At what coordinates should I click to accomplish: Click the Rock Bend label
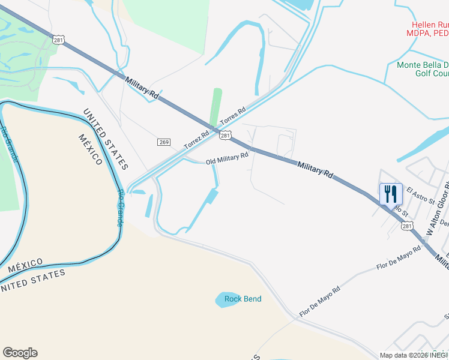click(x=243, y=299)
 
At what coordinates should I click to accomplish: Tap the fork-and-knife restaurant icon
click(x=391, y=194)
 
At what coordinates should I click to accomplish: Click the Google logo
click(x=20, y=353)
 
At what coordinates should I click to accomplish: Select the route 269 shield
click(x=164, y=142)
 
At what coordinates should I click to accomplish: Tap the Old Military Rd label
click(x=227, y=159)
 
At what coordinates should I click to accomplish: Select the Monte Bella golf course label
click(x=423, y=69)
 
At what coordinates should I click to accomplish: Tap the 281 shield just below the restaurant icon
click(x=407, y=226)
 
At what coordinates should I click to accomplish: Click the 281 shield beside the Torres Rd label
click(x=224, y=136)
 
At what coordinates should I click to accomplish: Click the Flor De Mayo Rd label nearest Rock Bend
click(x=320, y=301)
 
